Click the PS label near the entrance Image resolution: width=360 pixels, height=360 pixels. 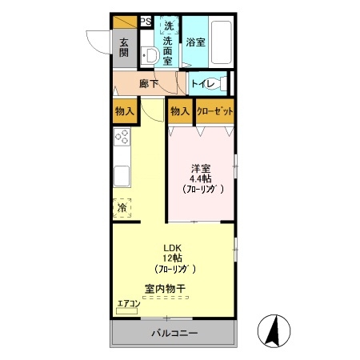coord(146,22)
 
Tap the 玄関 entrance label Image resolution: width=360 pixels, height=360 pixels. coord(124,48)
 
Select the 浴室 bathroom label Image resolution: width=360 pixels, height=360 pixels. coord(195,42)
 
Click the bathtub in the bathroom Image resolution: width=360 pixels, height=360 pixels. coord(221,42)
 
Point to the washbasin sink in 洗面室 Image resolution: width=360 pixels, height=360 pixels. coord(150,56)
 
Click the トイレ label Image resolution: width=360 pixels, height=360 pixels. coord(203,84)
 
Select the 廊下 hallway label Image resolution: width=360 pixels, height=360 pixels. coord(149,84)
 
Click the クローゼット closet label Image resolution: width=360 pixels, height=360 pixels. coord(215,111)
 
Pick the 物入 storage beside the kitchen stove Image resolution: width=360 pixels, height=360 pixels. coord(124,111)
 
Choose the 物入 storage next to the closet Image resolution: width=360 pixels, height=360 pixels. coord(180,111)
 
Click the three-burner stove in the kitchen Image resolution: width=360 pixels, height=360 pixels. coord(122,137)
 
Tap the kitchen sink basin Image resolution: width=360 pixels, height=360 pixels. coord(122,176)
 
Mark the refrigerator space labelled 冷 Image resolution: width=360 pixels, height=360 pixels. coord(122,208)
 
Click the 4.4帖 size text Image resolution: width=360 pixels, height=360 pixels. coord(201,178)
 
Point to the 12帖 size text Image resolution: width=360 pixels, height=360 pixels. coord(173,258)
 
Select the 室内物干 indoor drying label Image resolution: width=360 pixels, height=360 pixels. coord(166,289)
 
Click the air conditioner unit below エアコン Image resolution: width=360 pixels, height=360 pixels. coord(127,311)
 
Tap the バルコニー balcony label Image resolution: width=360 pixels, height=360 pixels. coord(174,333)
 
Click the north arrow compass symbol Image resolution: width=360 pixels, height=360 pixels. coord(274,331)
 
